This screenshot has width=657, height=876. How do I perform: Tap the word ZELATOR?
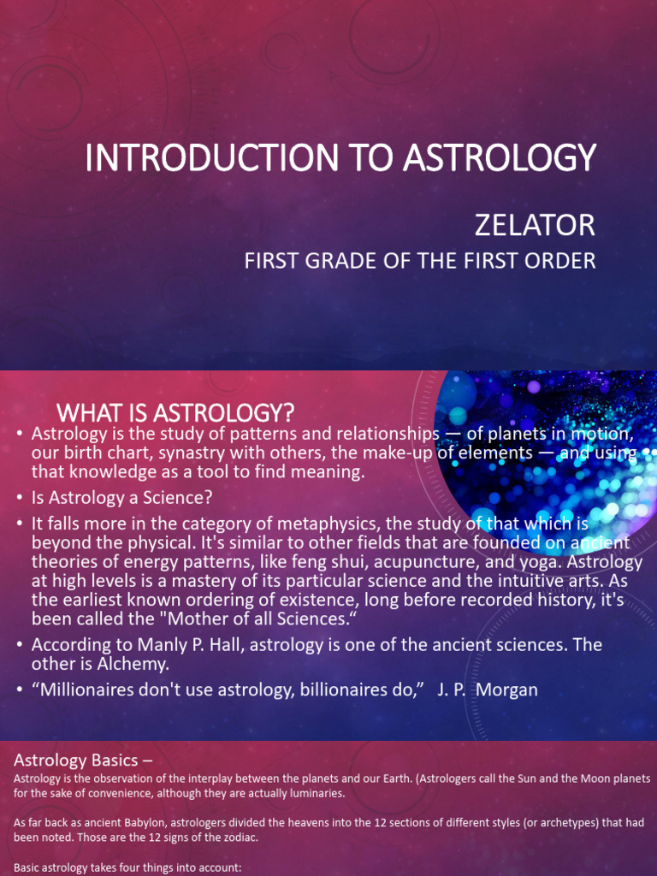534,225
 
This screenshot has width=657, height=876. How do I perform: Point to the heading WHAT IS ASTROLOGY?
175,414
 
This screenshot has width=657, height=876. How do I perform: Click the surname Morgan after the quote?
508,690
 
